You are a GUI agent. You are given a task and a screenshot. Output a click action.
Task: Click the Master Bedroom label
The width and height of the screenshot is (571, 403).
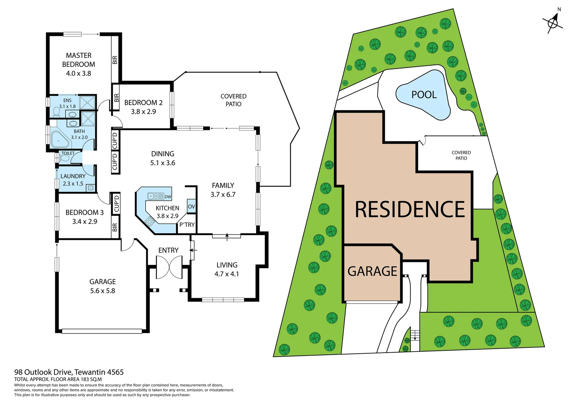click(78, 60)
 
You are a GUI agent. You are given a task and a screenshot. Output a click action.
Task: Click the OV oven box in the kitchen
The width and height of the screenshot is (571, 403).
click(191, 206)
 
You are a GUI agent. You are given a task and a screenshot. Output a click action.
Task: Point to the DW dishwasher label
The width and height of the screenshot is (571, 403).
click(168, 197)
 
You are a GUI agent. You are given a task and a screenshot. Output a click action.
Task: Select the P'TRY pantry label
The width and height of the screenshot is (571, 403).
click(187, 225)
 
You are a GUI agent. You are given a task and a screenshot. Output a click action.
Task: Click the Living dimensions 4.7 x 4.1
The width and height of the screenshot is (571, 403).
click(226, 274)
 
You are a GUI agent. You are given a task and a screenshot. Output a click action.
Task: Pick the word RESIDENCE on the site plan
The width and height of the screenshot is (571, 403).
click(410, 209)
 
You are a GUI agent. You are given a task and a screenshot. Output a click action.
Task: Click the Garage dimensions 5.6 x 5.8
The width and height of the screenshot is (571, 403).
click(102, 291)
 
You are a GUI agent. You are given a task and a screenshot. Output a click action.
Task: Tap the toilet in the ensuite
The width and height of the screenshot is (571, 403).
click(56, 111)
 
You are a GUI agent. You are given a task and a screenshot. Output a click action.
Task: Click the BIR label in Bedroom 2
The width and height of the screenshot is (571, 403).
click(116, 98)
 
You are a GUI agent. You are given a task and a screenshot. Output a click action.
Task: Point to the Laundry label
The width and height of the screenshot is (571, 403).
click(73, 176)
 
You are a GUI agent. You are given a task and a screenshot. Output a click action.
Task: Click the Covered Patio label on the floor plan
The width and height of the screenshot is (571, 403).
click(233, 100)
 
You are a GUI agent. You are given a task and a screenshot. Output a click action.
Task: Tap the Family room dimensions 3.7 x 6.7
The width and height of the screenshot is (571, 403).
click(223, 194)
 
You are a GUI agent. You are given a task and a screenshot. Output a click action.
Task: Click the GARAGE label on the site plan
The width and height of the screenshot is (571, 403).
click(372, 271)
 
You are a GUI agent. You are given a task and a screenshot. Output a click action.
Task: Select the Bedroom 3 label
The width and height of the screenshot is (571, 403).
click(84, 212)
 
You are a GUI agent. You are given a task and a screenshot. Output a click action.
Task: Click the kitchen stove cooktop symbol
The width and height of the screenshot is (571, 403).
click(149, 222)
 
